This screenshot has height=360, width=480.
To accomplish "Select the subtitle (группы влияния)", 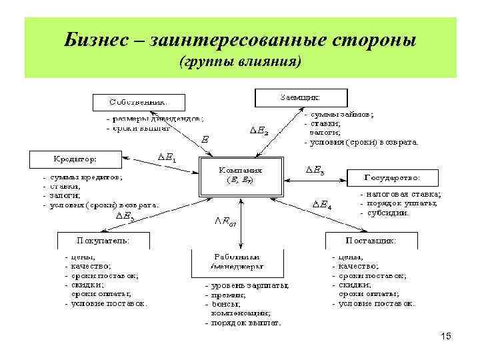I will [240, 63].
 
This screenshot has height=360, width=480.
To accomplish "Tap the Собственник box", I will [138, 102].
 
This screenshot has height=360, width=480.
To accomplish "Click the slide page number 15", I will [446, 337].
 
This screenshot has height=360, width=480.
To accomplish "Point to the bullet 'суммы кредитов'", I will [87, 178].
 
